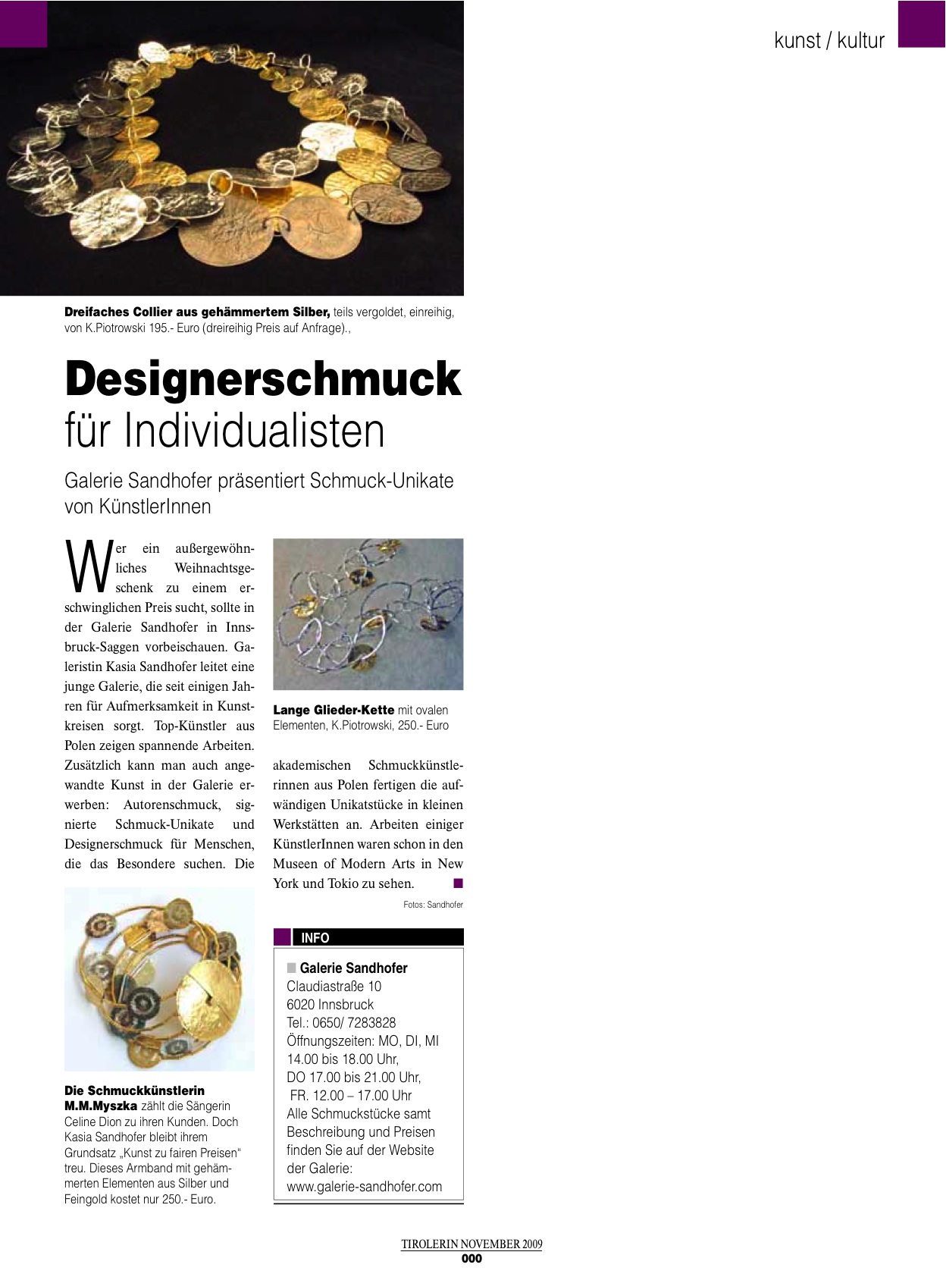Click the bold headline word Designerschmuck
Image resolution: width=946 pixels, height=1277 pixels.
point(262,379)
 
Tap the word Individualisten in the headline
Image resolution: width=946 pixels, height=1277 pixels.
point(255,431)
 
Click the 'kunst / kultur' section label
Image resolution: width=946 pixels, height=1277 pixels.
point(829,40)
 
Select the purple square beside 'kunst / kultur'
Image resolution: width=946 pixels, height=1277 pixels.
point(922,24)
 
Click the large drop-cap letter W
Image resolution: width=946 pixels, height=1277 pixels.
point(88,566)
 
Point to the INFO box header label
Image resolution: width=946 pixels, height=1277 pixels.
point(315,938)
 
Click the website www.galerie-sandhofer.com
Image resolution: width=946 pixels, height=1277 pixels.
point(364,1187)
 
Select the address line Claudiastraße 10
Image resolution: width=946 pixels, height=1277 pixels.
point(334,987)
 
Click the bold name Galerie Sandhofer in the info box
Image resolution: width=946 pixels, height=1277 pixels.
point(353,968)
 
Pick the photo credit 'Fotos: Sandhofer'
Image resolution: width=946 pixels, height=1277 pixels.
point(433,905)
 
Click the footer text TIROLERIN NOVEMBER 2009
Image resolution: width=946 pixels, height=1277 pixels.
point(471,1244)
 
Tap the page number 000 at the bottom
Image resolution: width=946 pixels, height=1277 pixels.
point(471,1259)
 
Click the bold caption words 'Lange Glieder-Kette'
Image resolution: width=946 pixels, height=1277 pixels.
point(334,710)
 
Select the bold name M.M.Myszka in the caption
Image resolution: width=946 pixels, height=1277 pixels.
point(101,1106)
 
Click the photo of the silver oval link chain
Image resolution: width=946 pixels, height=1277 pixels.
point(368,614)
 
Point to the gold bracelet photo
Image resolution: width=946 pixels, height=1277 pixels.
point(159,979)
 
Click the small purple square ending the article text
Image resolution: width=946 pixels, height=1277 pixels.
point(458,883)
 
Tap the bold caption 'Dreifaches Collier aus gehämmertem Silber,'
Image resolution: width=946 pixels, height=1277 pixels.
point(197,312)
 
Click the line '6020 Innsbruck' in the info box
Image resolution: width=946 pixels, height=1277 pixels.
point(330,1005)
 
